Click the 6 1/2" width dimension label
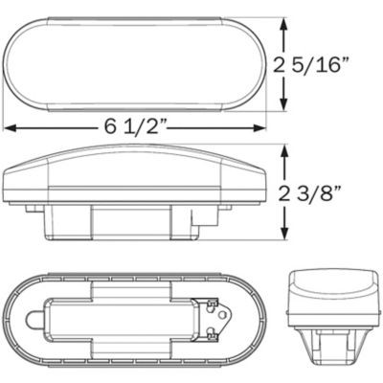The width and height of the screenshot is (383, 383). tap(135, 128)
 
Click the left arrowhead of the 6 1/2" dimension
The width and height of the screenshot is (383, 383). tap(10, 128)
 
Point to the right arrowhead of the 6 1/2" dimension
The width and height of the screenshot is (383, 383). tap(259, 128)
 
